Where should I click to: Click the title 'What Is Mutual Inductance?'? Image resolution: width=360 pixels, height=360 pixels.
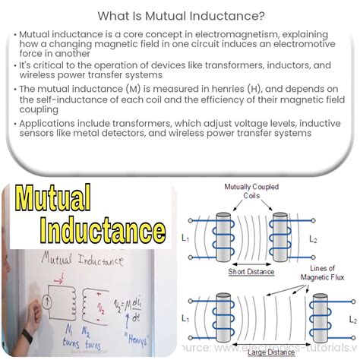(180, 14)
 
